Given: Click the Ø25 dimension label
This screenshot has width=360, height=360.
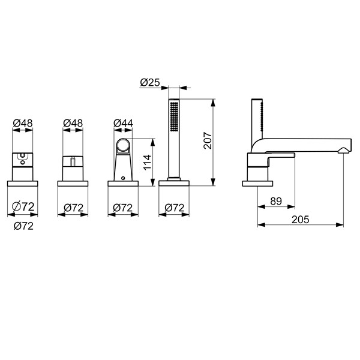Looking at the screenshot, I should [x=149, y=82].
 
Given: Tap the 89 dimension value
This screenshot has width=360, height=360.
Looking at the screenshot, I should [x=277, y=202].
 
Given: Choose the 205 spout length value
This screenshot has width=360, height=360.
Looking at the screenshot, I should [x=302, y=220].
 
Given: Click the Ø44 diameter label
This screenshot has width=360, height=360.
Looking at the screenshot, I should [x=122, y=123].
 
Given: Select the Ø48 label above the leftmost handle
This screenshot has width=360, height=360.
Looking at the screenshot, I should [x=22, y=123].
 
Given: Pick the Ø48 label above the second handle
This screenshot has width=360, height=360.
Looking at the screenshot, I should [x=73, y=123].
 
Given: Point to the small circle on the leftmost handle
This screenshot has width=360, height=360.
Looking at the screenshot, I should [x=22, y=157].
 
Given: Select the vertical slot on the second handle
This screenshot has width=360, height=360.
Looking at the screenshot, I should [x=73, y=162].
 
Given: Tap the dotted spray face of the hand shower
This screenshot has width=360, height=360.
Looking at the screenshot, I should [x=174, y=117].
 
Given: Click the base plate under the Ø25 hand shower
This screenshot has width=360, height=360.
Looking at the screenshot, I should [x=174, y=182].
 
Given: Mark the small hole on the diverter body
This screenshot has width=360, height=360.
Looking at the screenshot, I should [x=122, y=178].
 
